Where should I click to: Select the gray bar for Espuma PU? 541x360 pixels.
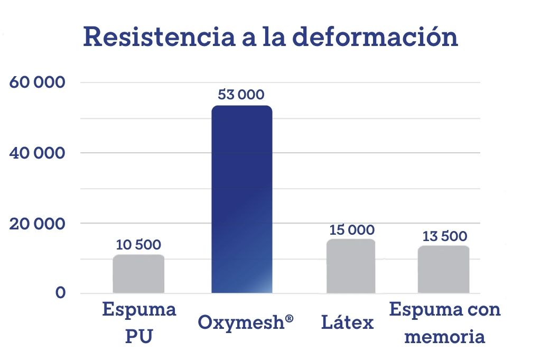(x=138, y=274)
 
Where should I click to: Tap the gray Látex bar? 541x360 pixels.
(x=351, y=266)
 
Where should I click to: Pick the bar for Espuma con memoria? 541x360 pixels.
(x=443, y=269)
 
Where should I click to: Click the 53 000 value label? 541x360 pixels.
(x=241, y=95)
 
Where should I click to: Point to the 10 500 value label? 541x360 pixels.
(x=138, y=245)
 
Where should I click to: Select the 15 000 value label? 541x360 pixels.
(x=351, y=230)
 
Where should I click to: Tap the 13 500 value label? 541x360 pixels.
(x=444, y=236)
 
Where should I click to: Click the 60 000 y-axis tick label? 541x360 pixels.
(x=37, y=83)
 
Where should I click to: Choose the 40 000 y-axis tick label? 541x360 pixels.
(x=37, y=153)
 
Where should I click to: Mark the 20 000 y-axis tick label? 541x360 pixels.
(x=37, y=224)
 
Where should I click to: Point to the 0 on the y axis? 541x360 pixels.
(x=60, y=293)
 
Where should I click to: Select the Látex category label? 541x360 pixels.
(x=347, y=322)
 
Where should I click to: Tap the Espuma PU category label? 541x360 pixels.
(x=139, y=322)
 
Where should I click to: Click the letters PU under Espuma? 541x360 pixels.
(x=139, y=337)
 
